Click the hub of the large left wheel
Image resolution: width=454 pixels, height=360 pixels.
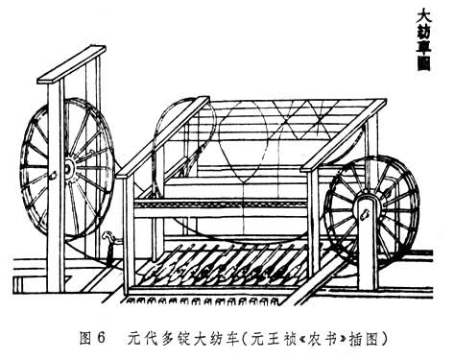point(68,170)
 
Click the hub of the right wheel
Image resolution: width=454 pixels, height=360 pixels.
point(369,195)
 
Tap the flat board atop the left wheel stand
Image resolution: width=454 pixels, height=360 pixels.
point(71,64)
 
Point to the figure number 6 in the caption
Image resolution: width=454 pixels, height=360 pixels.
point(101,338)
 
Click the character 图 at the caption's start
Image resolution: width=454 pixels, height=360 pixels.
point(86,338)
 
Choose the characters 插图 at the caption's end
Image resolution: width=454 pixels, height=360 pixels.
point(364,338)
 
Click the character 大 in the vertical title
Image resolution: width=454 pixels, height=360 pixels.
point(424,15)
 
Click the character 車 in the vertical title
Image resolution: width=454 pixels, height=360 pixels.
point(424,47)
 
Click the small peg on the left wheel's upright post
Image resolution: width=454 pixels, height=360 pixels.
point(53,175)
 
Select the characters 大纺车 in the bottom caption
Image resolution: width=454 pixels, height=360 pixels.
point(215,338)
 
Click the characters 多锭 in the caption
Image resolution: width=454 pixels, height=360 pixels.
point(176,338)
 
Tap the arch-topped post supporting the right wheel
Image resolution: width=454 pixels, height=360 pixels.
point(367,243)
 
